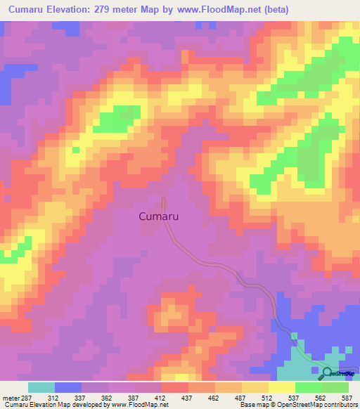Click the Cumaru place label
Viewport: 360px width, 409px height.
(x=157, y=217)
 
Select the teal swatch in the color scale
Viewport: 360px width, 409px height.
(x=41, y=387)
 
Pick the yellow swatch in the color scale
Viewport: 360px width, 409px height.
(x=282, y=387)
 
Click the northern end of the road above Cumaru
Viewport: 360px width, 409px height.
(x=163, y=200)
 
